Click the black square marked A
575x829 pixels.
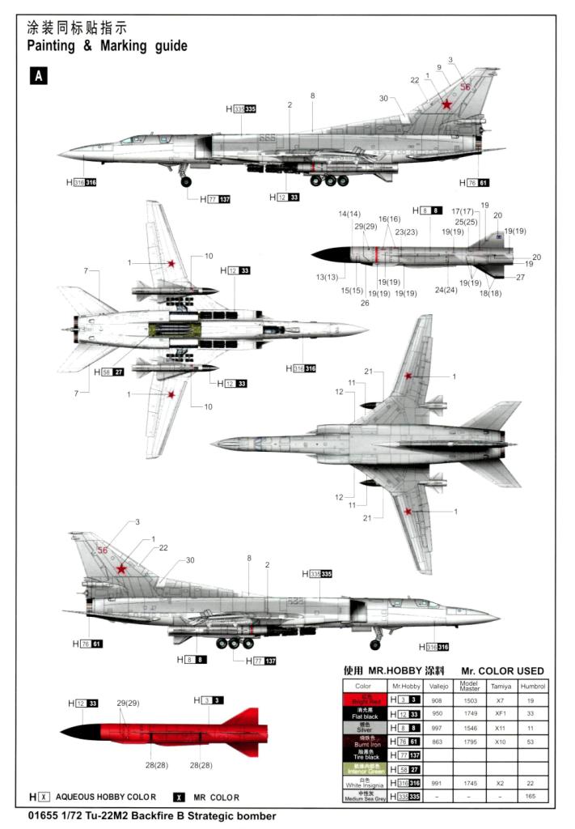click(38, 76)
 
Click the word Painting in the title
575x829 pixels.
click(51, 46)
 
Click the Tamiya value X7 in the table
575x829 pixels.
click(500, 699)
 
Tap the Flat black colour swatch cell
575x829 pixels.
click(363, 713)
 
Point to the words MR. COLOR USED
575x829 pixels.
click(502, 671)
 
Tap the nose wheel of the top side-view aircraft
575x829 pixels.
click(186, 182)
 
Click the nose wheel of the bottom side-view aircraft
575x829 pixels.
click(374, 644)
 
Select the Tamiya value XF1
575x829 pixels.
click(500, 713)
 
